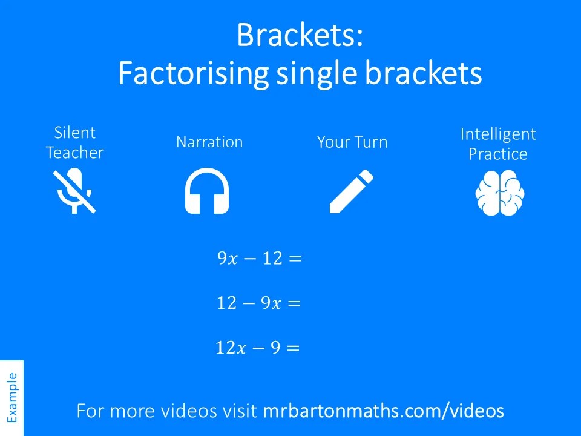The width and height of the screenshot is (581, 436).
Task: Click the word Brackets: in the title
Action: coord(300,35)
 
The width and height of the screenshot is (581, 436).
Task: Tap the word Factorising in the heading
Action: coord(193,74)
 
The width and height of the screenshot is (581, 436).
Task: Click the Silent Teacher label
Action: coord(75,143)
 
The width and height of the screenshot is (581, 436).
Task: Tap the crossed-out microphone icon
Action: coord(75,191)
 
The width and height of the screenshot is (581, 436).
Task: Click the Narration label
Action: coord(209,142)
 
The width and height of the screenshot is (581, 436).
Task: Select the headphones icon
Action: coord(207,191)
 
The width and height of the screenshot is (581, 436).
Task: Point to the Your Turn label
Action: coord(352,143)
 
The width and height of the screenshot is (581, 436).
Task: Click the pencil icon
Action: coord(352,191)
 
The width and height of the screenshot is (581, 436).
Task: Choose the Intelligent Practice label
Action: coord(498,144)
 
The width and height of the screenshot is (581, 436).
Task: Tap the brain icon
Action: coord(499,193)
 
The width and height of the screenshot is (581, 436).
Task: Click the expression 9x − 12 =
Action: coord(259,259)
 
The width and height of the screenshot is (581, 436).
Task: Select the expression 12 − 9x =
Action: coord(258,303)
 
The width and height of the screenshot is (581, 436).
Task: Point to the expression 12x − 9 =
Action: coord(258,348)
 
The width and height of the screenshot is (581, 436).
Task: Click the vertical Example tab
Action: coord(11,397)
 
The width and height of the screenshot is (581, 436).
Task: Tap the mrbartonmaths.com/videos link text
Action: coord(383,411)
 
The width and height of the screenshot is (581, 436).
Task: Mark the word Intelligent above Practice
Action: coord(498,134)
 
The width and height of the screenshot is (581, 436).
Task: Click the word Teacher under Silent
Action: coord(75,153)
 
